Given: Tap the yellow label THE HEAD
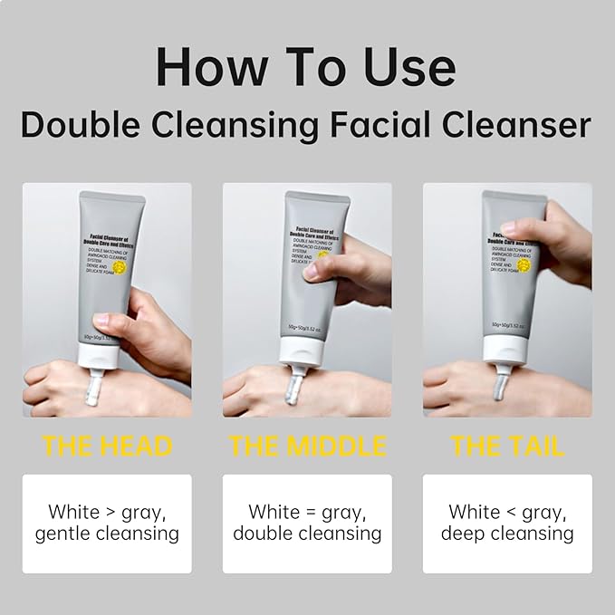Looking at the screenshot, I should coord(107,447).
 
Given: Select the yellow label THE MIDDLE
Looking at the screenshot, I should coord(307,447).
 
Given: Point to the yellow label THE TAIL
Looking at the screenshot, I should coord(507,447).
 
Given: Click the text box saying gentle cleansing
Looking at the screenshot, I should coord(107,523).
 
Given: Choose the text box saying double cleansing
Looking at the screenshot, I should coord(307,523).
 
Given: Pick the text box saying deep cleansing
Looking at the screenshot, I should coord(507,523).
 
